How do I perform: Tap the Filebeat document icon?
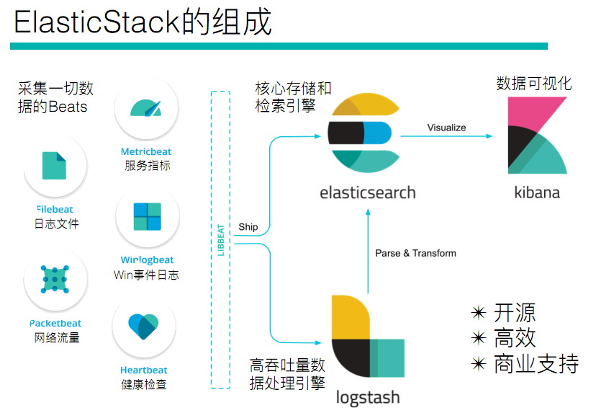[x=55, y=165]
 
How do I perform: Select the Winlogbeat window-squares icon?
[x=147, y=217]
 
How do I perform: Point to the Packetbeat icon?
[x=55, y=277]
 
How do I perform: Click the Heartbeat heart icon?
[x=144, y=326]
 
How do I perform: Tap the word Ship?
[x=248, y=227]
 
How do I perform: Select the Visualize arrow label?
[x=446, y=128]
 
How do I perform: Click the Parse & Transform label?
[x=416, y=253]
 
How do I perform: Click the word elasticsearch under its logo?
[x=368, y=192]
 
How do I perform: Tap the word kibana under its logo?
[x=537, y=192]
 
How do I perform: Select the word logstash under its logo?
[x=368, y=397]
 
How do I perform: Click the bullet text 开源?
[x=515, y=313]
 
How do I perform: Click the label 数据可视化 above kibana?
[x=534, y=84]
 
